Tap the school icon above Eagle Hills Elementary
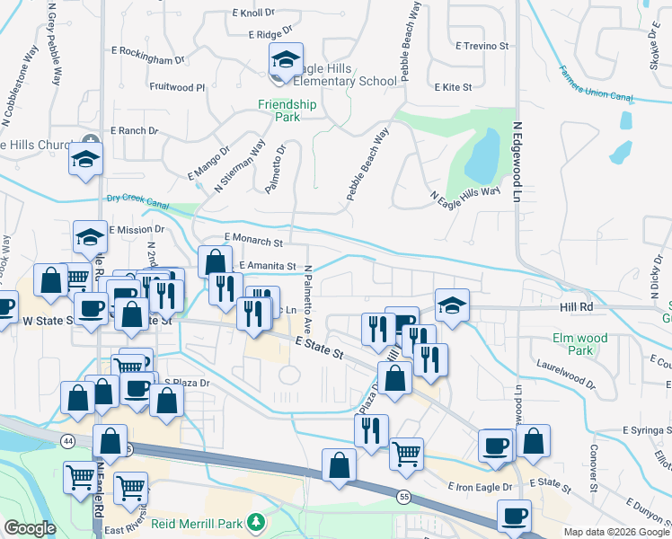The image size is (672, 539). (286, 60)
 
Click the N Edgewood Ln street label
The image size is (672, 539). (517, 163)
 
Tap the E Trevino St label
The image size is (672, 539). (482, 45)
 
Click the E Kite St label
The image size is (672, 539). (453, 88)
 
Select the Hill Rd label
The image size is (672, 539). (577, 307)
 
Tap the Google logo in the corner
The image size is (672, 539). (30, 528)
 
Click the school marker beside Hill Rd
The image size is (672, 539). (452, 305)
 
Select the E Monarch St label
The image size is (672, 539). (254, 242)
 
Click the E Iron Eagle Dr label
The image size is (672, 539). (480, 487)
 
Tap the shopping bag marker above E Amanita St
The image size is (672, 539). (215, 262)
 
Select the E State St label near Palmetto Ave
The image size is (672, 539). (321, 349)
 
